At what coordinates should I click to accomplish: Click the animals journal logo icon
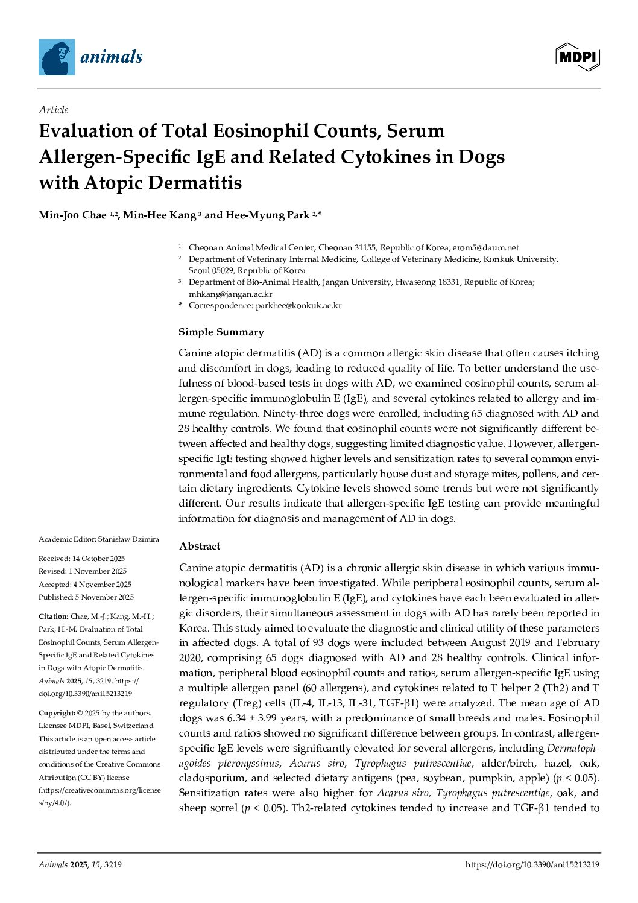coord(57,57)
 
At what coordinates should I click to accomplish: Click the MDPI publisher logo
coord(577,57)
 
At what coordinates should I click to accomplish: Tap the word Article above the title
coord(54,110)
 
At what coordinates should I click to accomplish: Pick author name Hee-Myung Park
coord(267,215)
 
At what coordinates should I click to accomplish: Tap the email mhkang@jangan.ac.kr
coord(230,294)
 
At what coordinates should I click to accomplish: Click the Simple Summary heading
coord(221,332)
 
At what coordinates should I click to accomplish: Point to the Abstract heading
coord(200,546)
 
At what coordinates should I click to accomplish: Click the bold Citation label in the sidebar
coord(54,616)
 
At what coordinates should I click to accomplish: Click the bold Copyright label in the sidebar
coord(57,713)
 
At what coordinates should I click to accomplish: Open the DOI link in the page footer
coord(532,864)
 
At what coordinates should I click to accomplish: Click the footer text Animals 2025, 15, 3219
coord(80,864)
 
